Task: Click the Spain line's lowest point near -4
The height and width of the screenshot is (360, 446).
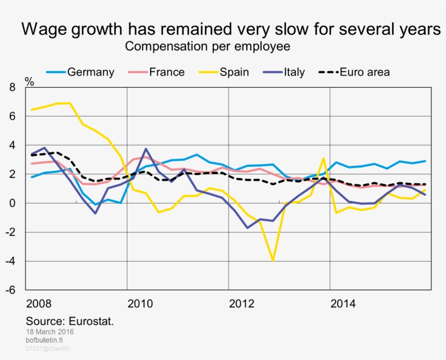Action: pos(272,260)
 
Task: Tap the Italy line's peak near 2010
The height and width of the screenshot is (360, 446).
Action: pos(146,149)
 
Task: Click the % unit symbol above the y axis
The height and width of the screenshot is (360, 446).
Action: pos(29,83)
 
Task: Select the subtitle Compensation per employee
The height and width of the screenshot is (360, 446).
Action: pos(207,47)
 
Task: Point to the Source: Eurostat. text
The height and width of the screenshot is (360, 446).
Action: pos(70,321)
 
